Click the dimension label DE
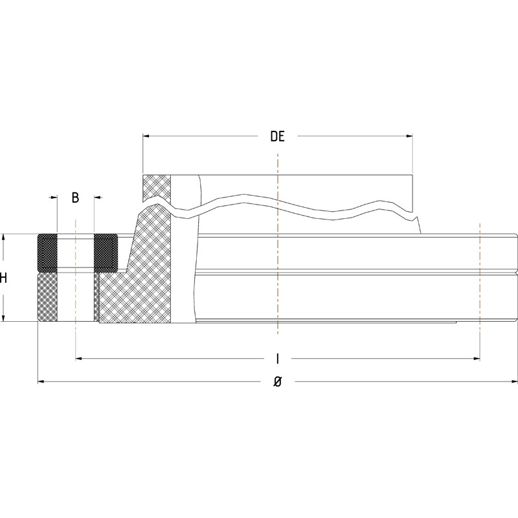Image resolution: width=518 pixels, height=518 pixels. point(277,137)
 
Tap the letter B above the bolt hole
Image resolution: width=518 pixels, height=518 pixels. point(75,197)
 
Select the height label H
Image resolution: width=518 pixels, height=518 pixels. point(4,278)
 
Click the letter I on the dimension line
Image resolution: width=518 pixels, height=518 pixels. point(277,358)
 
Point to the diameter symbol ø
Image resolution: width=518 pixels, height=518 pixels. point(277,383)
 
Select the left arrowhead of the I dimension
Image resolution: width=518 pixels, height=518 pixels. point(80,357)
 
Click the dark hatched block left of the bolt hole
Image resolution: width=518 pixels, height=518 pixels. point(47,253)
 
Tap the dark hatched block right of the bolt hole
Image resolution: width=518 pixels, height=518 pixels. point(106,253)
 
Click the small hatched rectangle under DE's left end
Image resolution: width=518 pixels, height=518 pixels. point(157,188)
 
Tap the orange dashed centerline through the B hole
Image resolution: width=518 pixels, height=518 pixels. point(76,278)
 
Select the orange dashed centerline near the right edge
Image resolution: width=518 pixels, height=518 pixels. point(479,278)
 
